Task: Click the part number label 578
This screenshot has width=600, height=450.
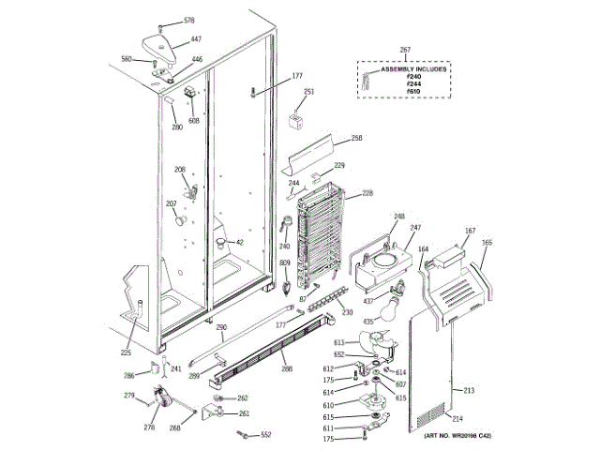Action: coord(189,21)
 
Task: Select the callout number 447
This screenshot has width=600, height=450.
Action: coord(196,39)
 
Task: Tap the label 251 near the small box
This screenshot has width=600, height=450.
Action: coord(309,91)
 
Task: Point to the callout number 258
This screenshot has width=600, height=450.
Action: coord(356,139)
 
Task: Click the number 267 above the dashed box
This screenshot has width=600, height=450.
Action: coord(405,50)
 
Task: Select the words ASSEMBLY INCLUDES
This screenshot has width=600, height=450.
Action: coord(413,69)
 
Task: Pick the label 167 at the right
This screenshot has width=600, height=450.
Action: coord(471,230)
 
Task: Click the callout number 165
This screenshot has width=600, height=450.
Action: coord(487,242)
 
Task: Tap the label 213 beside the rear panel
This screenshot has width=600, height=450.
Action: coord(470,389)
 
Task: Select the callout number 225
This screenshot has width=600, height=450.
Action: coord(126,353)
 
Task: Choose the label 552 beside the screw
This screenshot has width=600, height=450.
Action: coord(266,435)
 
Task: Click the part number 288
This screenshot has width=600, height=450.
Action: coord(287,369)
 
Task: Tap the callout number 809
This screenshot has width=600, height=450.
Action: coord(284,265)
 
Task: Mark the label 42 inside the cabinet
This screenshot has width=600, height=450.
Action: coord(239,243)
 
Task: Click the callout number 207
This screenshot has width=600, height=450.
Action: coord(172,203)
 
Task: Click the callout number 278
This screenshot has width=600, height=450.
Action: coord(148,427)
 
